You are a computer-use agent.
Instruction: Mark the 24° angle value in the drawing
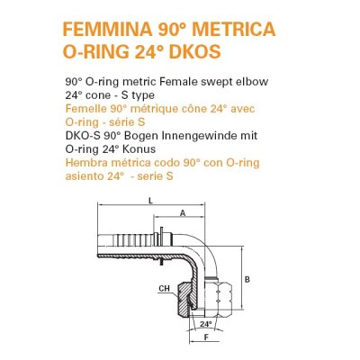pos(205,322)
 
